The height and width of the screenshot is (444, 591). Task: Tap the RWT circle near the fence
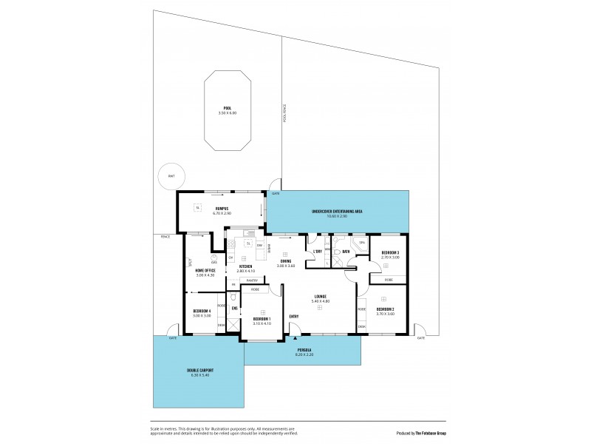(x=171, y=175)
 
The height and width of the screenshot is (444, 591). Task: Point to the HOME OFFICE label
(x=205, y=271)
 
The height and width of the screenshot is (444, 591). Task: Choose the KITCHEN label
(x=245, y=266)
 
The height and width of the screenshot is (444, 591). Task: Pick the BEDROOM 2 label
(x=385, y=309)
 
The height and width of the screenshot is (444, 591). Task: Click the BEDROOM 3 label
(x=389, y=253)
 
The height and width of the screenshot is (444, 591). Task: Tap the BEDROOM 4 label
(x=201, y=311)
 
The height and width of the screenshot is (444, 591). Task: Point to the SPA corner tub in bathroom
(x=361, y=243)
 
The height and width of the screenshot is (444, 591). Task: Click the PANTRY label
(x=252, y=280)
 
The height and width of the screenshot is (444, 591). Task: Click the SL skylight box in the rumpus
(x=197, y=207)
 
